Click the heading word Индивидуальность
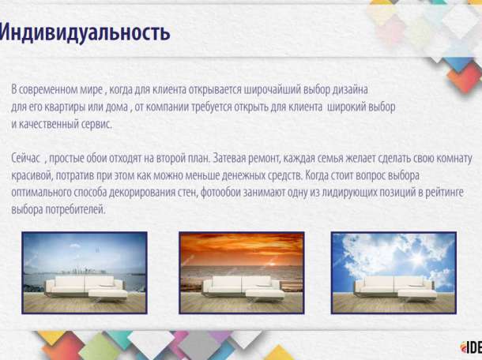tap(85, 33)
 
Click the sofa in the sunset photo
tap(241, 285)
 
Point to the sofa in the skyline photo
tap(85, 286)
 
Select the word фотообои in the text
tap(229, 192)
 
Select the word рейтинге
tap(442, 192)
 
